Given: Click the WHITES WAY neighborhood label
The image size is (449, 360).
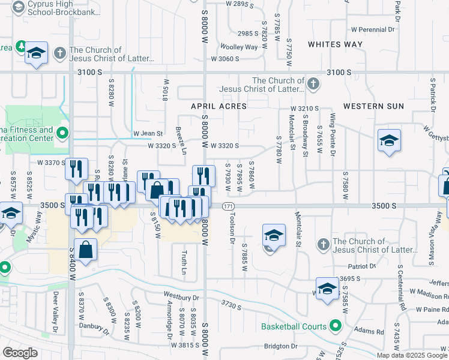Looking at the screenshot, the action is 335,44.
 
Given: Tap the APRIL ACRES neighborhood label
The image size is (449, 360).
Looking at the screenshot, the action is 218,106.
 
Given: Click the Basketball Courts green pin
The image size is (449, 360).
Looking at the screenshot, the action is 336,326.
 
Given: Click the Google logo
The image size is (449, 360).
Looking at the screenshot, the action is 20,353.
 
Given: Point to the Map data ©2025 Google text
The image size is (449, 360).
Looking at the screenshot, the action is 412,355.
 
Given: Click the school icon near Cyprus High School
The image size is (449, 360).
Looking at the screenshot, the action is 36,53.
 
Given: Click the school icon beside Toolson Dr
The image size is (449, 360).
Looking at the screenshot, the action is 274,235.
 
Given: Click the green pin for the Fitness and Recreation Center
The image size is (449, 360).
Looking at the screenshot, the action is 62,133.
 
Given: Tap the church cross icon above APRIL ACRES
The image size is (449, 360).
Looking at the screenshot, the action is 312,85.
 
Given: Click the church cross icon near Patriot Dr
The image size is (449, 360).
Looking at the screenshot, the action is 323,244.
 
